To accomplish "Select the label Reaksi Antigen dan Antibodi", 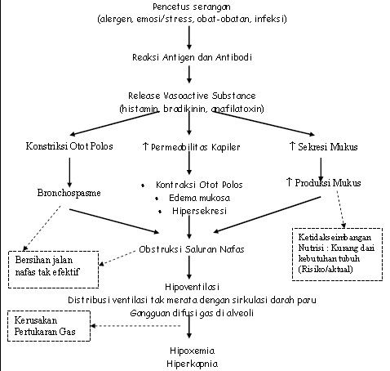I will click(x=190, y=59).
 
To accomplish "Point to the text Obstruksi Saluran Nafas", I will click(x=191, y=248).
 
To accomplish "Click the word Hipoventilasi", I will click(x=190, y=288).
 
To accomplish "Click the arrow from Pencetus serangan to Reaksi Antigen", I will click(x=190, y=37).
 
